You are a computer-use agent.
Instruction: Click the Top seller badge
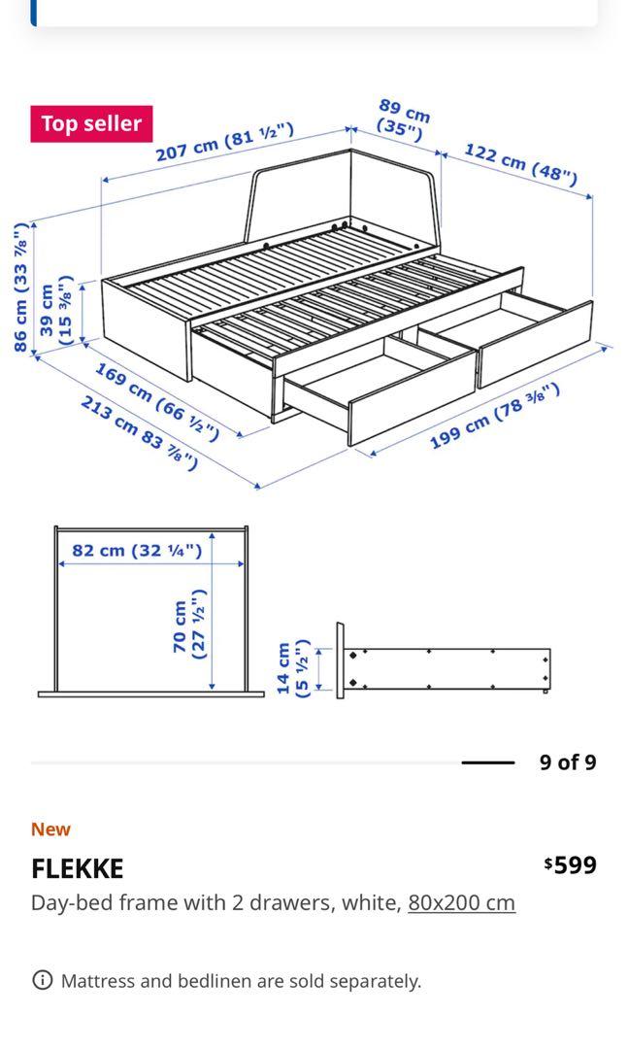point(91,124)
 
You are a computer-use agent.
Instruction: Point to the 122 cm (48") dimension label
point(520,163)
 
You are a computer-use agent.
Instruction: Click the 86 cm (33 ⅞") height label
point(20,288)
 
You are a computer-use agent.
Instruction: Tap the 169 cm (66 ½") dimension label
point(156,400)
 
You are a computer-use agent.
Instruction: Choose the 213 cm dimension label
point(140,432)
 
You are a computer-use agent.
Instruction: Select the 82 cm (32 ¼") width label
point(137,551)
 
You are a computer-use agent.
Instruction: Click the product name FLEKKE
point(78,867)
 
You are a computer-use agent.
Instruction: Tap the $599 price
point(571,864)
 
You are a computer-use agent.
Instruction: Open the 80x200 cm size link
point(461,902)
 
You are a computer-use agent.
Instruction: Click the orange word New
point(50,829)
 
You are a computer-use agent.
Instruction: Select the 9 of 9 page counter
point(568,762)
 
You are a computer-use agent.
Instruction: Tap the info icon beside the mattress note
point(42,980)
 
